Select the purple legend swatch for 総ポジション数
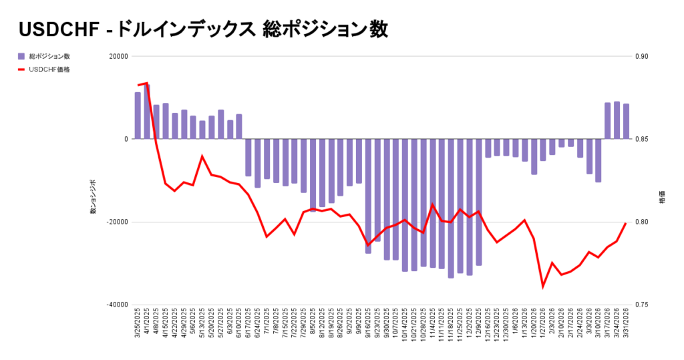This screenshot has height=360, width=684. pos(21,56)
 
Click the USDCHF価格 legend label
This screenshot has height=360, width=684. pos(49,69)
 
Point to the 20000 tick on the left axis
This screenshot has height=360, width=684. pos(117,57)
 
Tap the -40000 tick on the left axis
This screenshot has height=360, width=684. pos(116,305)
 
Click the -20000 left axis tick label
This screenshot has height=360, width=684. pos(116,222)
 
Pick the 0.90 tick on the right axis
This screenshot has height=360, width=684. pos(641,57)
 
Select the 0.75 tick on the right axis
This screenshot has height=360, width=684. pos(641,305)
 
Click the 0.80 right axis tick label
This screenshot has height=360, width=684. pos(641,222)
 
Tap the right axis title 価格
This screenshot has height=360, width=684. pos(661,199)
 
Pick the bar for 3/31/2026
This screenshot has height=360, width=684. pos(626,122)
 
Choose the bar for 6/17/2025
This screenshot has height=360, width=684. pos(248,158)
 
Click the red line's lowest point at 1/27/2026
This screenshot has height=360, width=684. pos(543,287)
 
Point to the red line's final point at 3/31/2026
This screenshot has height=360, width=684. pos(626,223)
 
